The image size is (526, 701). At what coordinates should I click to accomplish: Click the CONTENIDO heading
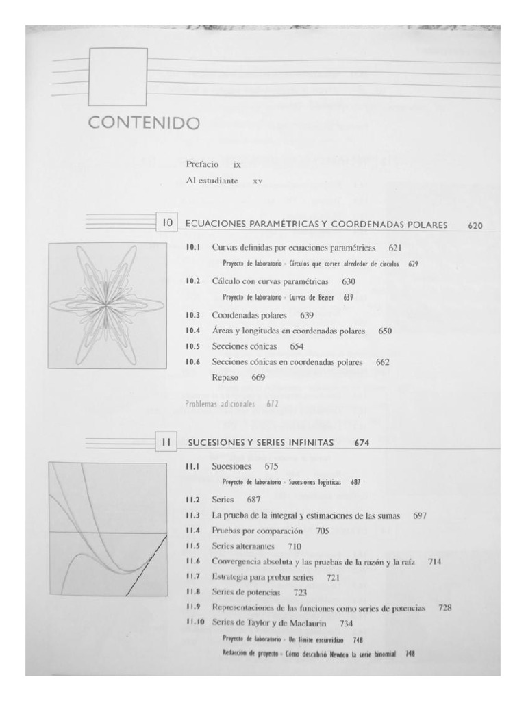(x=142, y=124)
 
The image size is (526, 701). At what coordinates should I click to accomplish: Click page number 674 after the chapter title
(x=364, y=443)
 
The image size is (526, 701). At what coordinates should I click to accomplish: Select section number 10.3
(x=192, y=316)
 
